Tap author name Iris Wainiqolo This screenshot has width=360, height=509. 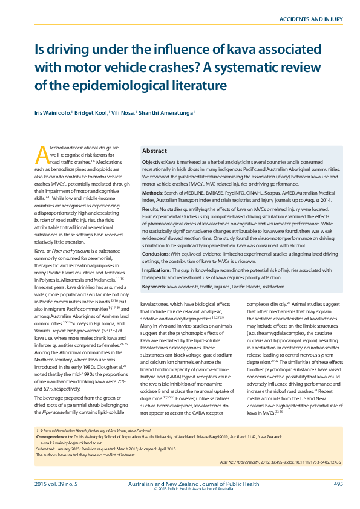(x=52, y=113)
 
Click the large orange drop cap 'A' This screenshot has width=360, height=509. (x=42, y=155)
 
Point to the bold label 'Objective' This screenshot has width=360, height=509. (x=152, y=163)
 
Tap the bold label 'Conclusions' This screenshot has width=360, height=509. (x=156, y=254)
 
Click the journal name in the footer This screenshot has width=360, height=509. (x=194, y=484)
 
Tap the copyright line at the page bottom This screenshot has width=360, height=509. (x=193, y=490)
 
